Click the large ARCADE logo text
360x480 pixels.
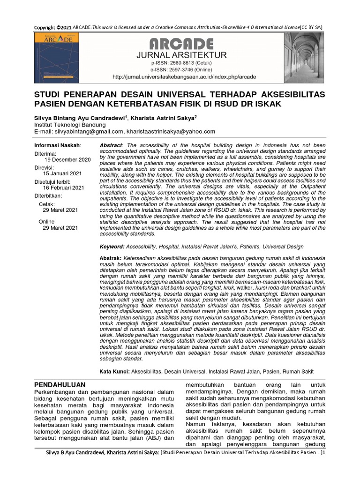(181, 45)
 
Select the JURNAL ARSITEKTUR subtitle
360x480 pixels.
(181, 55)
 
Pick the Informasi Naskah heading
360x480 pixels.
(58, 145)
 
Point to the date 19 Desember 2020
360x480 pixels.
(67, 160)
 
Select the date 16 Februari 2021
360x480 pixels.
(64, 187)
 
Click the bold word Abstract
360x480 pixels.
(112, 146)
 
